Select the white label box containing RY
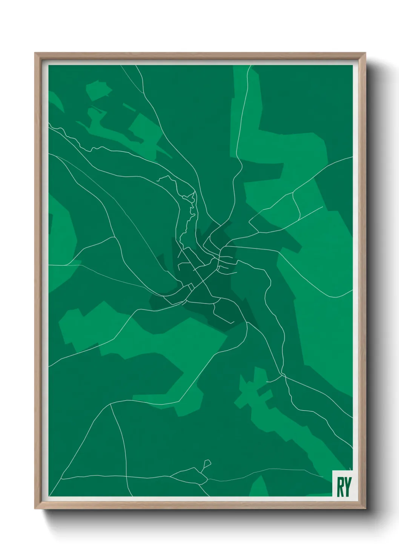click(x=342, y=483)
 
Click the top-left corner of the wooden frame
click(x=35, y=54)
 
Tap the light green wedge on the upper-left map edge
click(x=55, y=100)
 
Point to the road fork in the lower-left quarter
click(x=110, y=405)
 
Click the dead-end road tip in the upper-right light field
click(x=322, y=206)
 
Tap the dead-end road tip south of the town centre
click(x=233, y=323)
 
